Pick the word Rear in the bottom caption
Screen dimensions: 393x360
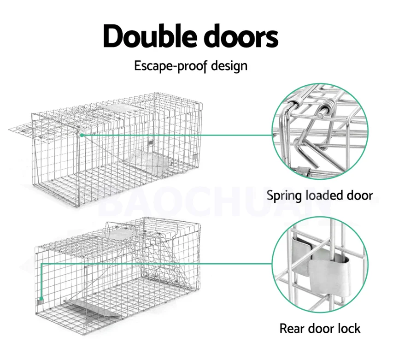point(293,328)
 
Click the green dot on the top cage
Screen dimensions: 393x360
point(82,135)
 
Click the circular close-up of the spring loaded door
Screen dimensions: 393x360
point(320,132)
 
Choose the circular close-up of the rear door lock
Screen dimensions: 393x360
point(320,265)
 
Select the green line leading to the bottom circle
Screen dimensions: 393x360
point(157,264)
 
